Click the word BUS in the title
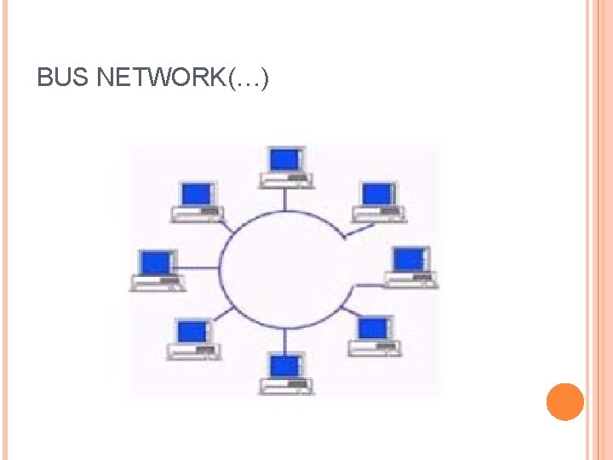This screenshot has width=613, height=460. tap(65, 79)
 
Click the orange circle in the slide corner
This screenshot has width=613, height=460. tap(564, 402)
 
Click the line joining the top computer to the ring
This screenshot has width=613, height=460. tap(286, 199)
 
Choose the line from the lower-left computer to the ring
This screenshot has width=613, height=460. tap(224, 313)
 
